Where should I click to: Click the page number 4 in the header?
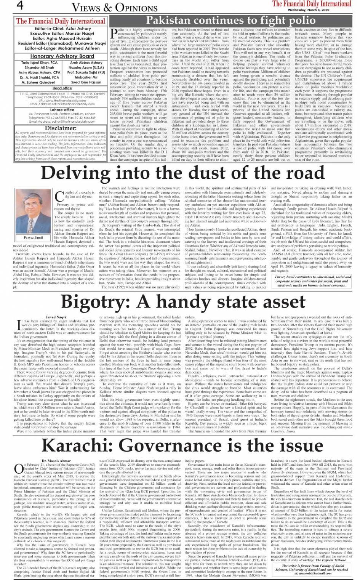[19, 6]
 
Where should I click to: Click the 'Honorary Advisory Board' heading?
[62, 56]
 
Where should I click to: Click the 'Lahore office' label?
[62, 109]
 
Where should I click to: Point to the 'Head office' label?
[62, 88]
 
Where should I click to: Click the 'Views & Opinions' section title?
[109, 7]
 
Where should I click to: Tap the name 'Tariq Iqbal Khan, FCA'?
[40, 62]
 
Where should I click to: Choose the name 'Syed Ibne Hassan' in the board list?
[86, 82]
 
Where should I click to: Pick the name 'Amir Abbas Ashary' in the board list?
[86, 62]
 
